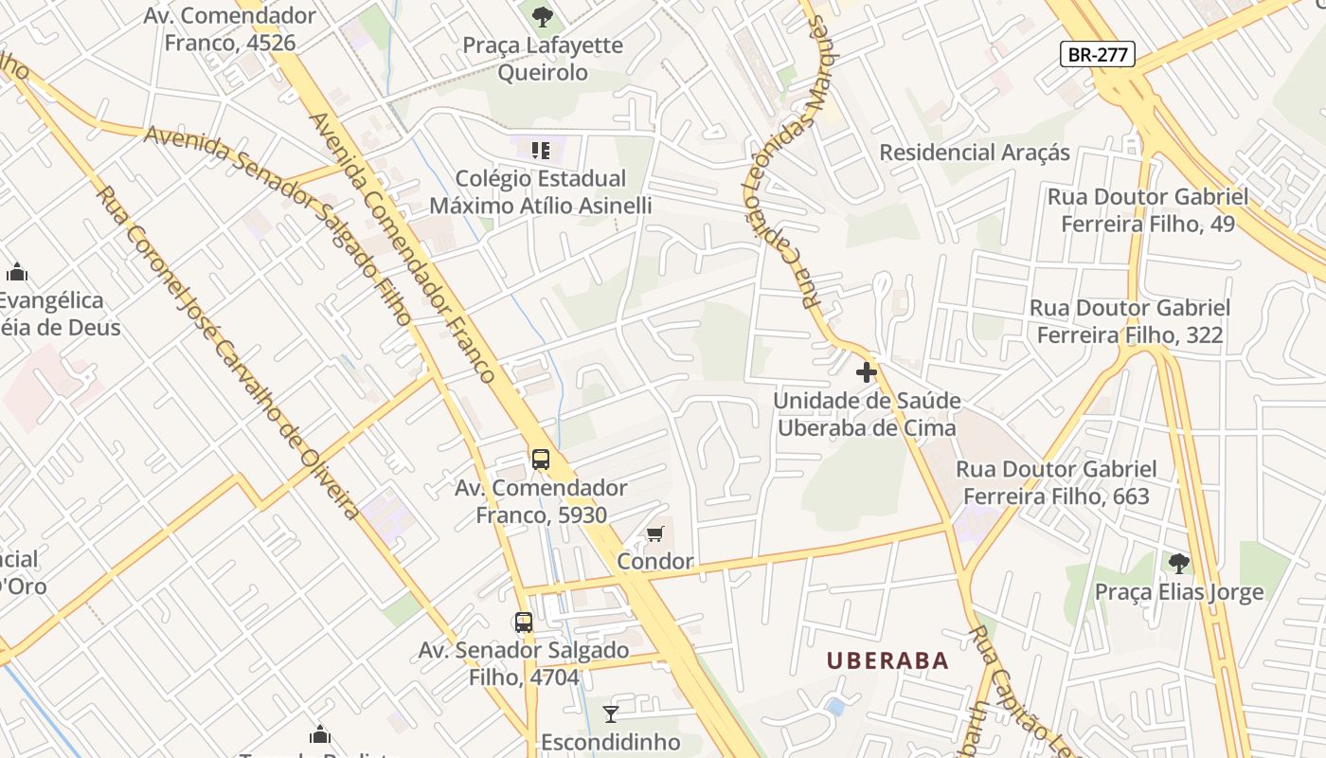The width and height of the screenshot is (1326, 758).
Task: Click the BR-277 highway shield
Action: point(1098,54)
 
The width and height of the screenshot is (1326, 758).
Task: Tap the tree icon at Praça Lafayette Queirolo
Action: point(542,16)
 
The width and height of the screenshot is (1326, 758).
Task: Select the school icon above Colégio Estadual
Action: point(541,150)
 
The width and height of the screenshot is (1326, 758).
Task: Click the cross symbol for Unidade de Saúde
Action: point(866,372)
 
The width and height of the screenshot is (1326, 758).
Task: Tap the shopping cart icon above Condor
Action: point(654,534)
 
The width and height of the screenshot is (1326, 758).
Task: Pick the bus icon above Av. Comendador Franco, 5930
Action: point(540,460)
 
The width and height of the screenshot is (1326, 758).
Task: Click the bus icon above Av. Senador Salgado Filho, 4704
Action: point(523,623)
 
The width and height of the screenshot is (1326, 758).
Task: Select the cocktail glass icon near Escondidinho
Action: point(611,713)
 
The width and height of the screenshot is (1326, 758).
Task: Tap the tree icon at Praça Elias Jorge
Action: point(1178,564)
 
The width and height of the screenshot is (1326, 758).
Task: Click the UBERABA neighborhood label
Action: point(887,660)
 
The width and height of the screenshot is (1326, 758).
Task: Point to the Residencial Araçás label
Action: point(975,153)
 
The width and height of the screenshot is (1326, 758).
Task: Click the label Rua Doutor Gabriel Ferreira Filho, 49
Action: point(1147,210)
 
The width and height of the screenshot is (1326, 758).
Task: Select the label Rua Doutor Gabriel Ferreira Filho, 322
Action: point(1130,321)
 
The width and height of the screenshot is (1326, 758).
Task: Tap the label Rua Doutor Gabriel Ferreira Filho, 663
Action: point(1056,482)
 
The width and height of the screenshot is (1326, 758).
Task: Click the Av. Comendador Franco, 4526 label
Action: point(230,28)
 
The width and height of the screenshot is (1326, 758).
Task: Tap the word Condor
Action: point(654,562)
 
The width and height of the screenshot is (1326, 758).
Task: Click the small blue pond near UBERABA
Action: point(834,707)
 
